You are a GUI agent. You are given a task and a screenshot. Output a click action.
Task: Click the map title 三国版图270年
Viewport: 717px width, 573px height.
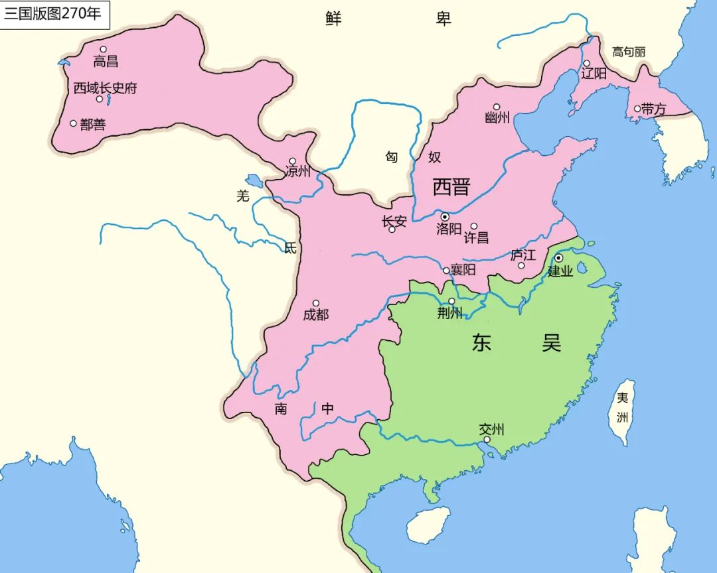(x=53, y=14)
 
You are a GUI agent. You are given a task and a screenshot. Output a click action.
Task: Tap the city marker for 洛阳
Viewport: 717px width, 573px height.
(x=445, y=217)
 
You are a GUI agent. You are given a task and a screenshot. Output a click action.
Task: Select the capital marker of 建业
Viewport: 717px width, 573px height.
(x=559, y=257)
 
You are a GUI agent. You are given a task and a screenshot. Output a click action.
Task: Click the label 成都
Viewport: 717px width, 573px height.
(x=315, y=315)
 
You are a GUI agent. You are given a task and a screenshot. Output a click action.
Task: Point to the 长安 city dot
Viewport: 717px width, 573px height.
(x=392, y=229)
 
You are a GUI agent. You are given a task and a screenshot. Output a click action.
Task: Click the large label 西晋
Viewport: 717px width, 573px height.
(x=451, y=187)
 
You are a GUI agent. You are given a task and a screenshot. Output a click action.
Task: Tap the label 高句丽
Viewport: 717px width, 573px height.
(x=628, y=52)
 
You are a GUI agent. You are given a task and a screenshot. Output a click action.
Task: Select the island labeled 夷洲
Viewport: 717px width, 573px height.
(x=623, y=411)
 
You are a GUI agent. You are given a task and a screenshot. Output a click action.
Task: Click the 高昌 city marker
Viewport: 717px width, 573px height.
(x=103, y=49)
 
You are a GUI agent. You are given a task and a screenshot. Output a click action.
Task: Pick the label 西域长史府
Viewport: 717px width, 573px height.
(x=105, y=88)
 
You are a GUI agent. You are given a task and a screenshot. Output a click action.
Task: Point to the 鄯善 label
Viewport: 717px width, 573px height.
(x=93, y=125)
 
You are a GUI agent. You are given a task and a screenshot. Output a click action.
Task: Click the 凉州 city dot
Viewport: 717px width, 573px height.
(x=292, y=160)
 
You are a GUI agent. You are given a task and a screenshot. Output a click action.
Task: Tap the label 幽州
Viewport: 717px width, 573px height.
(x=497, y=118)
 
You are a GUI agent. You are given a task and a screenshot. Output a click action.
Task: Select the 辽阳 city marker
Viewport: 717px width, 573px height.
(x=586, y=63)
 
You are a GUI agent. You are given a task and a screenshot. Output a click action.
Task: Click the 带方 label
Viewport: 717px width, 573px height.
(x=654, y=110)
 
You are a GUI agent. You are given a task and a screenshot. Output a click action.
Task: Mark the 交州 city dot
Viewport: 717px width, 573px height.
(x=487, y=439)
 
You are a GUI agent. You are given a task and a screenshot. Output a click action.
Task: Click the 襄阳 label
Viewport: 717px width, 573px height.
(x=463, y=270)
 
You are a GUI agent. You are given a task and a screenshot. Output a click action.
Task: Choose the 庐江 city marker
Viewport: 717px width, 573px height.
(x=521, y=265)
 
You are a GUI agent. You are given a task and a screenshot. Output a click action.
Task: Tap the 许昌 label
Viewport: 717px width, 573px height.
(x=476, y=237)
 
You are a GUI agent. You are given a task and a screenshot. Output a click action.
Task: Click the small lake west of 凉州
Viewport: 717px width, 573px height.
(x=253, y=180)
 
